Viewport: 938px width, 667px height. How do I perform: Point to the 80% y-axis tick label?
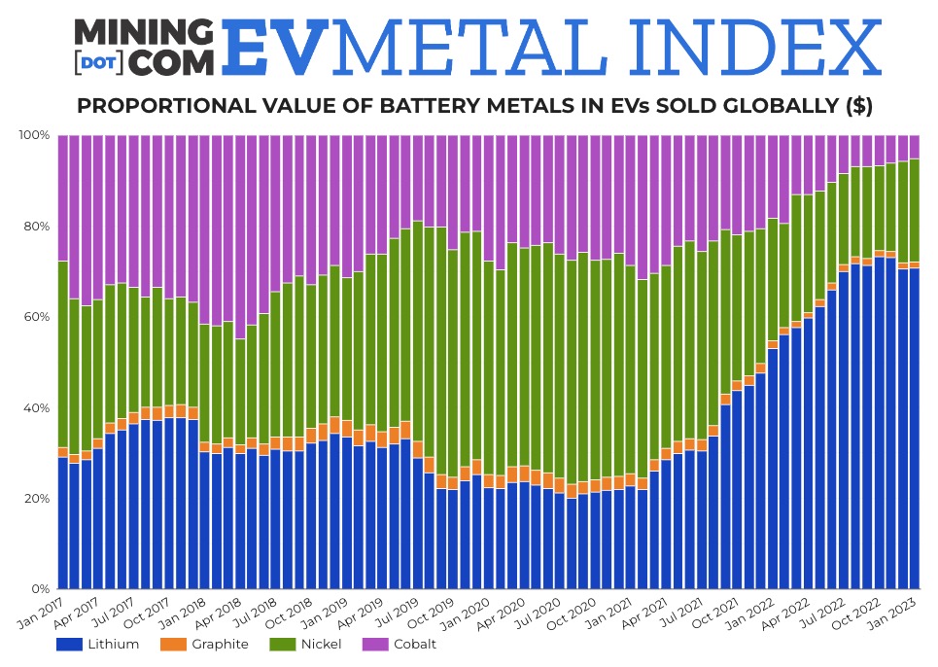pos(36,227)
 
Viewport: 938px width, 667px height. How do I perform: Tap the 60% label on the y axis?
pos(36,317)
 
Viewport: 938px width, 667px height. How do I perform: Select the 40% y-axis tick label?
pos(36,408)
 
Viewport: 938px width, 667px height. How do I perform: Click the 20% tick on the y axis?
pos(36,499)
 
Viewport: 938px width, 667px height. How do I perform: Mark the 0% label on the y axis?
pos(40,589)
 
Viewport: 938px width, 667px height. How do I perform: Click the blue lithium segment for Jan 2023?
pos(914,428)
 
